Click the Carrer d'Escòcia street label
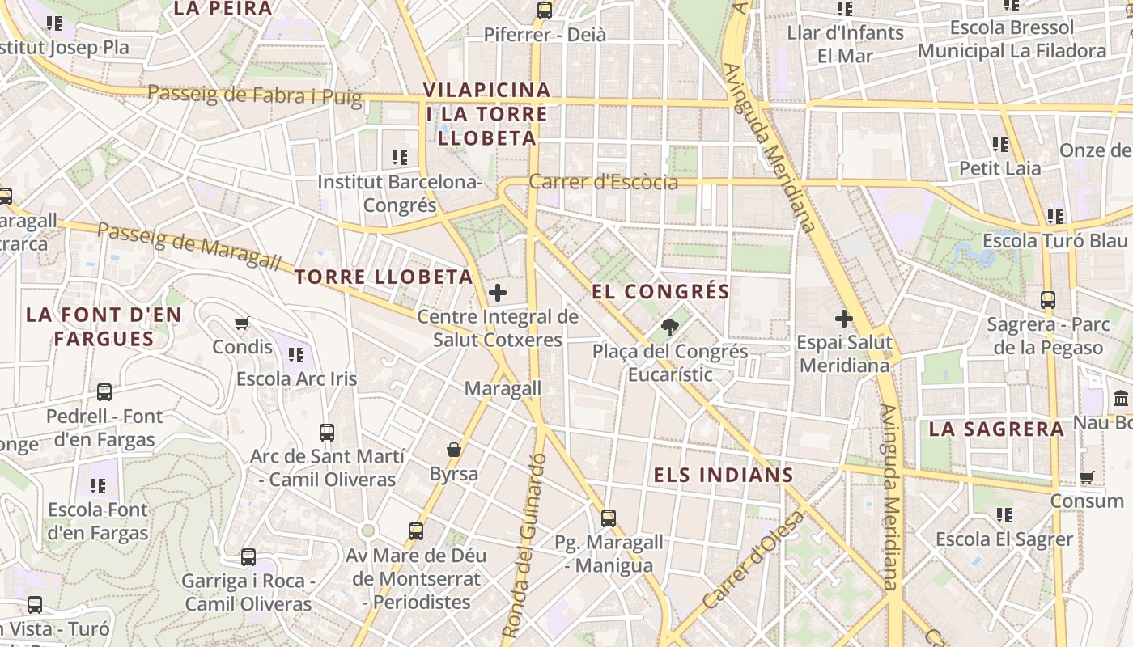(x=603, y=182)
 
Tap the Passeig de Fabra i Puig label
(x=254, y=95)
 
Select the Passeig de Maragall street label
(x=189, y=246)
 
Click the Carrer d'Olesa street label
(x=752, y=560)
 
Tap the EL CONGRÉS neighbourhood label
(x=660, y=291)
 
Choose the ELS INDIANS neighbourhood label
(x=723, y=475)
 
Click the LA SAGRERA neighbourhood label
(x=996, y=429)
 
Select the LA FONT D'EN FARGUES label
(x=104, y=327)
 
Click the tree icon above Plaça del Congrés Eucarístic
(x=669, y=328)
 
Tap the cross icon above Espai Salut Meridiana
(x=844, y=319)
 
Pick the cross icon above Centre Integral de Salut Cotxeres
(x=498, y=293)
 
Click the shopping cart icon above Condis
(x=242, y=323)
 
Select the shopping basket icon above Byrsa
(x=454, y=450)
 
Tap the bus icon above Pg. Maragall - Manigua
(x=608, y=518)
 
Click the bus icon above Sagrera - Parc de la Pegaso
(x=1048, y=300)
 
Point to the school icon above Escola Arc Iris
(x=296, y=354)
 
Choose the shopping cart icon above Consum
(x=1087, y=478)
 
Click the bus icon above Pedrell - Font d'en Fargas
(x=104, y=392)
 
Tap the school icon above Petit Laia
(x=999, y=145)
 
